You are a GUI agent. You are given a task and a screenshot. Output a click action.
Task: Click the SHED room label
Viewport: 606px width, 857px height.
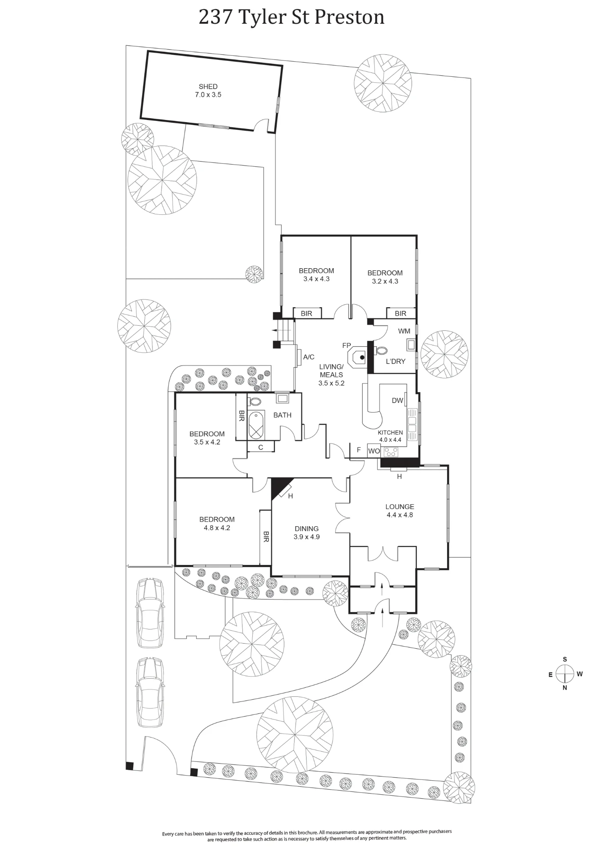pos(208,87)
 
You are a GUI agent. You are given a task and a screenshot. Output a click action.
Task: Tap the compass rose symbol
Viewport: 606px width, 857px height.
pos(565,674)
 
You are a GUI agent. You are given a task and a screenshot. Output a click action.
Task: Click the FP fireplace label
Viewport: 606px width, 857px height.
pos(346,345)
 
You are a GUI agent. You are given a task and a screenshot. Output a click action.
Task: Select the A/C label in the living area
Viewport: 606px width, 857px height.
pos(309,357)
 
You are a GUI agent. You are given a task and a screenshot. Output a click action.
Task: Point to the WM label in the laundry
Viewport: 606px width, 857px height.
pos(404,331)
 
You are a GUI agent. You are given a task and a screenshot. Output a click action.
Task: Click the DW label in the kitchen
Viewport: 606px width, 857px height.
pos(397,401)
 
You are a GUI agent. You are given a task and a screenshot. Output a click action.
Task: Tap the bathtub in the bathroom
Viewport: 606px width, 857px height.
pos(256,425)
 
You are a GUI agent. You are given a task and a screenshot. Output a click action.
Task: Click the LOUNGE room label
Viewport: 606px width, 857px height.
pos(400,506)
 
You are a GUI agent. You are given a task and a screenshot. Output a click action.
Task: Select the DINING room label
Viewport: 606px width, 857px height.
pos(307,529)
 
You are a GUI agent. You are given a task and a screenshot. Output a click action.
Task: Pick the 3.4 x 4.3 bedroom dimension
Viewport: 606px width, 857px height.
pos(316,279)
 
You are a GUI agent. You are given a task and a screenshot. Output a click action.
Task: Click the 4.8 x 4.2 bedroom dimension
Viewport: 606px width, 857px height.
pos(217,528)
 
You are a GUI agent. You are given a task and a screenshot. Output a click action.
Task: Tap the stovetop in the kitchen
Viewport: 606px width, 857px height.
pos(391,451)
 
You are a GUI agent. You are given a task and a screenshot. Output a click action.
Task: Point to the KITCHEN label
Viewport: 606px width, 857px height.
pos(390,433)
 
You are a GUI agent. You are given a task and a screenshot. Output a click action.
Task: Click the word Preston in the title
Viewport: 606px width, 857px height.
pos(349,18)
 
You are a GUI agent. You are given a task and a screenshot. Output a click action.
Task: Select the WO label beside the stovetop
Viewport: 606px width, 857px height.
pos(374,451)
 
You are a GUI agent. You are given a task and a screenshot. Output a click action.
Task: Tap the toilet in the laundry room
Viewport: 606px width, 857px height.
pos(380,351)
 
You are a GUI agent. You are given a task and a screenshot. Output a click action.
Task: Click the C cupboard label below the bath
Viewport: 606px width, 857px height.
pos(260,447)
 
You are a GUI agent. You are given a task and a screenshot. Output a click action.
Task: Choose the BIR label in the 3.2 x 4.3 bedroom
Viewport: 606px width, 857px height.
pos(400,314)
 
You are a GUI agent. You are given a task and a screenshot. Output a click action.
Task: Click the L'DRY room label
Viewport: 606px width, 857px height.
pos(395,361)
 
